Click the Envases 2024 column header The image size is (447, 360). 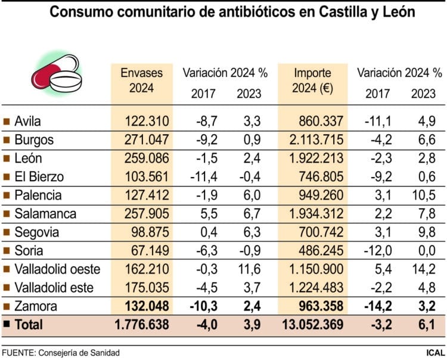click(x=142, y=80)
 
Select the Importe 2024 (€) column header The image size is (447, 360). click(x=316, y=80)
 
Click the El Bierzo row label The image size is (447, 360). click(x=40, y=177)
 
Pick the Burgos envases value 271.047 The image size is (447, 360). click(x=147, y=141)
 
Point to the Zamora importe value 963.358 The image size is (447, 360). click(x=319, y=306)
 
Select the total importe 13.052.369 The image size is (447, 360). click(x=311, y=325)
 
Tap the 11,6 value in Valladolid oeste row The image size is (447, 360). click(x=249, y=269)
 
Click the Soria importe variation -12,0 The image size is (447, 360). click(x=377, y=250)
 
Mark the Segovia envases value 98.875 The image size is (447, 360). click(x=150, y=232)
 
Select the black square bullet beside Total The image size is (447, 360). click(x=6, y=325)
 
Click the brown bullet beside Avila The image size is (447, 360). click(x=6, y=122)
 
